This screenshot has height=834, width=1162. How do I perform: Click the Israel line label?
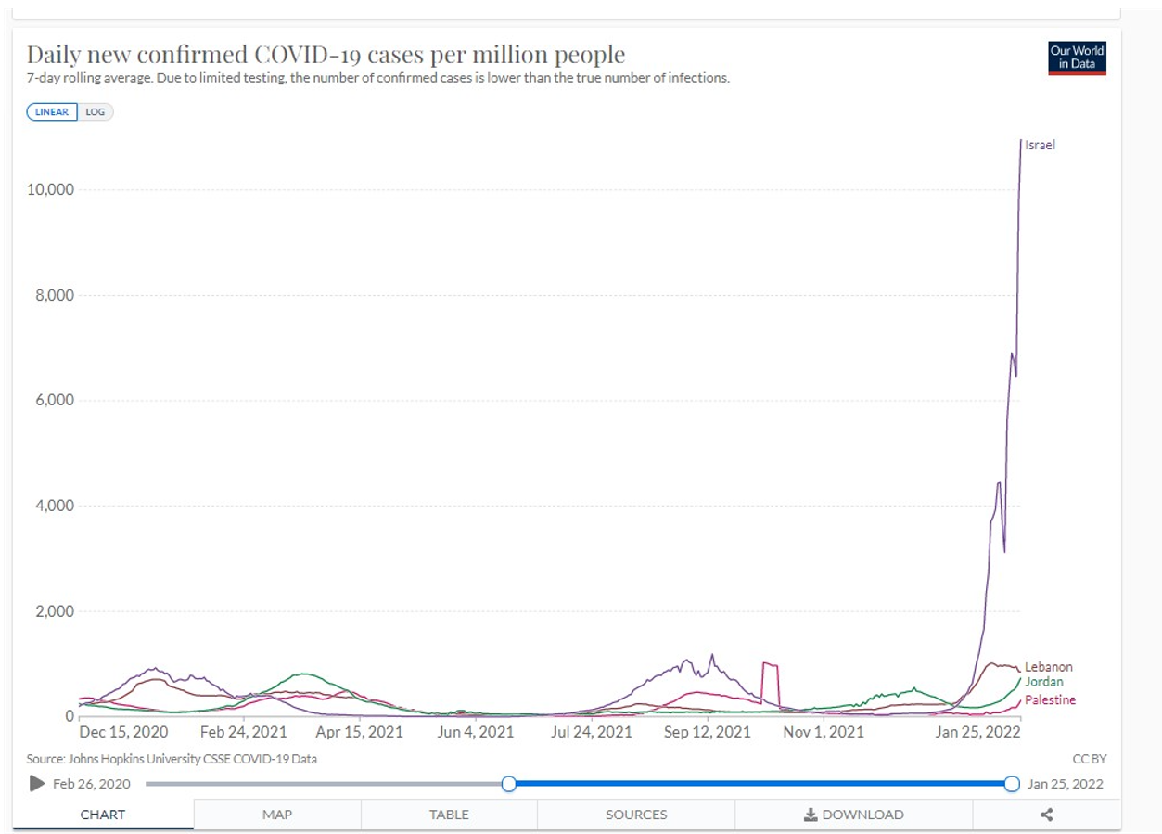pyautogui.click(x=1040, y=145)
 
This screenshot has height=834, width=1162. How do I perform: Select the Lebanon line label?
pyautogui.click(x=1048, y=667)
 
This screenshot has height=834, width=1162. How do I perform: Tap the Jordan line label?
pyautogui.click(x=1043, y=682)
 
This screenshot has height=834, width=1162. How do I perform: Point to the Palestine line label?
pyautogui.click(x=1050, y=699)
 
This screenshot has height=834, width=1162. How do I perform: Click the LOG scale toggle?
pyautogui.click(x=96, y=111)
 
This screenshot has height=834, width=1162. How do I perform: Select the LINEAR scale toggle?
pyautogui.click(x=53, y=111)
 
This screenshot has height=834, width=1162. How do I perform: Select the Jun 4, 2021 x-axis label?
pyautogui.click(x=475, y=732)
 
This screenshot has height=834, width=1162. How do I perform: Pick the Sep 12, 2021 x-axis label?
pyautogui.click(x=708, y=732)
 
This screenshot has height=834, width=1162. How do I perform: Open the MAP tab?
pyautogui.click(x=277, y=815)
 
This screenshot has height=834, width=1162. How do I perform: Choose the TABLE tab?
pyautogui.click(x=449, y=815)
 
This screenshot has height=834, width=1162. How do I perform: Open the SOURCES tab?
pyautogui.click(x=636, y=815)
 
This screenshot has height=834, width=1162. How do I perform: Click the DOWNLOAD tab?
pyautogui.click(x=853, y=815)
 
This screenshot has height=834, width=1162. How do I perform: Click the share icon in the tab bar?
pyautogui.click(x=1046, y=815)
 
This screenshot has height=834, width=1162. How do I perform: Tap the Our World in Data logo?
pyautogui.click(x=1077, y=58)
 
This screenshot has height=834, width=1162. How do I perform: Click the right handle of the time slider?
pyautogui.click(x=1012, y=784)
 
